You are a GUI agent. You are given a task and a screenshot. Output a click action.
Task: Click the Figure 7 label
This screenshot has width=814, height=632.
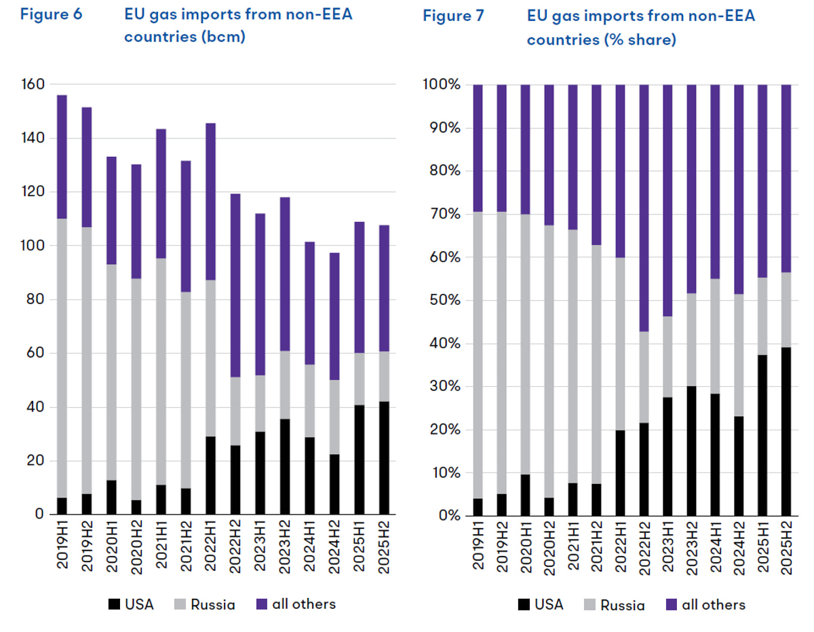point(453,16)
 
